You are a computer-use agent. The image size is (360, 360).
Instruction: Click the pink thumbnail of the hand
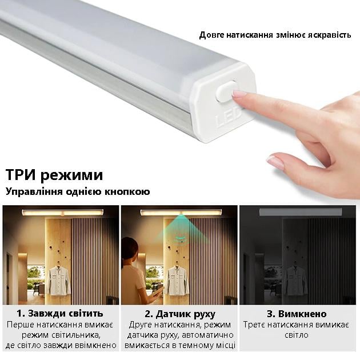pos(275,162)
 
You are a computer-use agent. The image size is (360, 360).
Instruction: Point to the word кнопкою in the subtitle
pos(127,191)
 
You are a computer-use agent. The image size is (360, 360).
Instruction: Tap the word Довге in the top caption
pos(211,35)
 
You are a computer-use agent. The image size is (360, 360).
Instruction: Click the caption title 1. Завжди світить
pos(60,313)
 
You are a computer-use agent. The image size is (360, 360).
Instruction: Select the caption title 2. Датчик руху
pos(180,313)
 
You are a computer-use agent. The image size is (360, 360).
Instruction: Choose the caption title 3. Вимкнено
pos(297,313)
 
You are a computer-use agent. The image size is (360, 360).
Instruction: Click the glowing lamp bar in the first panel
pos(62,213)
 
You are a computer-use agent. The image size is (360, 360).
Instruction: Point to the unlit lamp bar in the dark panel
pos(300,212)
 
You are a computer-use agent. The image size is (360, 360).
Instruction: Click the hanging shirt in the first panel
pos(58,280)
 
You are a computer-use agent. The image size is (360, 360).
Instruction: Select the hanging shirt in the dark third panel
pos(295,280)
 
